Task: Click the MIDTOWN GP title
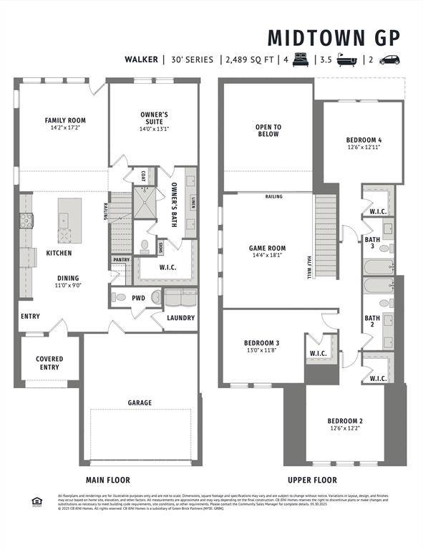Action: (x=334, y=37)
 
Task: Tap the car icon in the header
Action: (x=389, y=59)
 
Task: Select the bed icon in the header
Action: (x=300, y=59)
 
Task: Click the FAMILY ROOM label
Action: (x=64, y=120)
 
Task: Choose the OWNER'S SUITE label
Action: (x=154, y=117)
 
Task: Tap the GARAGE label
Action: (x=140, y=402)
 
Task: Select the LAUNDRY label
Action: (x=181, y=317)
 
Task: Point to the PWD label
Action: (x=138, y=296)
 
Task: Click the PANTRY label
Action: (x=120, y=259)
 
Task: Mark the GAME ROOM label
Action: (x=267, y=248)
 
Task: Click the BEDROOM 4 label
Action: (x=364, y=140)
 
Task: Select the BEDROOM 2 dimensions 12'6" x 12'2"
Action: (x=346, y=428)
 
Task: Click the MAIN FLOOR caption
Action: (x=108, y=480)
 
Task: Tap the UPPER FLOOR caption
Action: (x=312, y=480)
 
